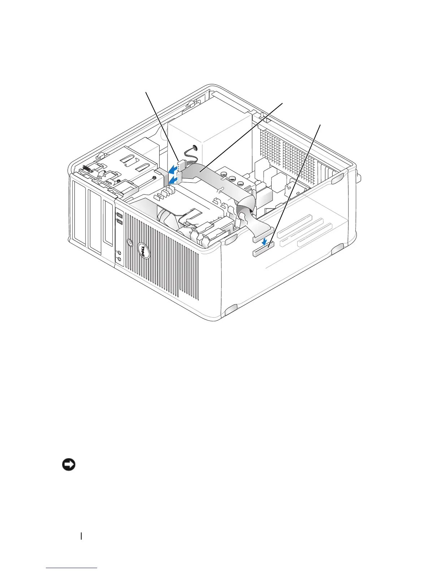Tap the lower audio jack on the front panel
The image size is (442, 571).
119,258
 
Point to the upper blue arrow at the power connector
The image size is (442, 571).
174,168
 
